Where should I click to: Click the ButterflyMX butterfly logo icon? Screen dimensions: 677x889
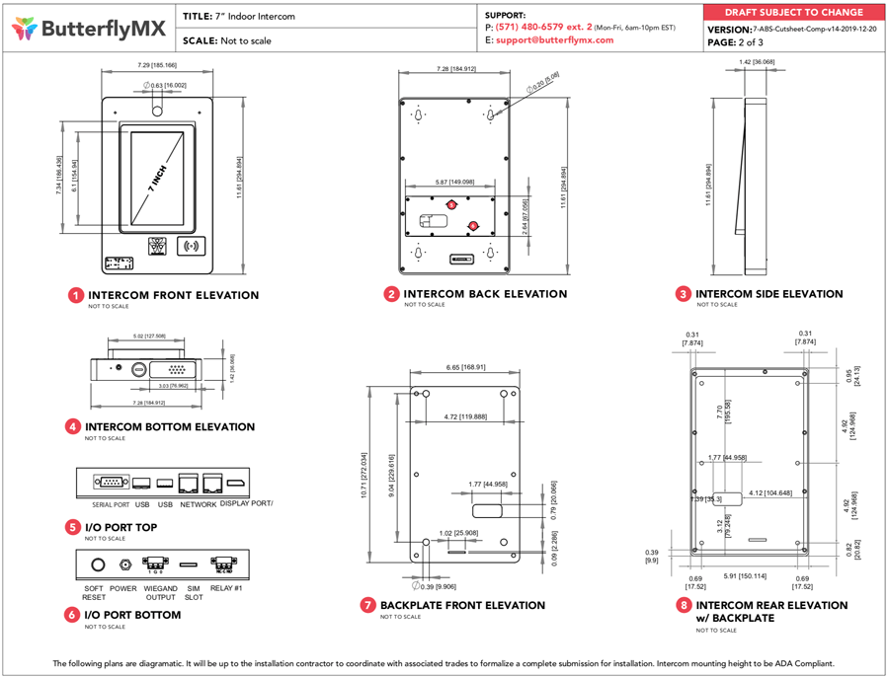(x=25, y=29)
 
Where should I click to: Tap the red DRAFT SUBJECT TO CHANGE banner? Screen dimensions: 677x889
(x=793, y=13)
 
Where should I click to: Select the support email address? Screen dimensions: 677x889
(x=554, y=40)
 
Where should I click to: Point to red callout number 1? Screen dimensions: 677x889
(x=76, y=295)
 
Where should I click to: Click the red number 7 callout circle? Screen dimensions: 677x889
(x=367, y=605)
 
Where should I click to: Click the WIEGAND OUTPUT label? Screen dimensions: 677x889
(x=160, y=592)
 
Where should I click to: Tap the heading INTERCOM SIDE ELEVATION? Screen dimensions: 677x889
(x=768, y=294)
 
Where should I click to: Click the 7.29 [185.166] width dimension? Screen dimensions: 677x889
(x=157, y=65)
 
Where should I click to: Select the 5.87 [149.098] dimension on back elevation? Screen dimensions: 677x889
(x=454, y=182)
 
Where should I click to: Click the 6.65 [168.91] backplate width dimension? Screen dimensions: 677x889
(x=465, y=367)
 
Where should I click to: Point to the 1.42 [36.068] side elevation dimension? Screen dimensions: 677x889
(x=757, y=61)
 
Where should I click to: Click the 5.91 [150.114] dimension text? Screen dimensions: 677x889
(x=745, y=575)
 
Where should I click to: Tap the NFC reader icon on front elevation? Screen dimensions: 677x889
(x=191, y=246)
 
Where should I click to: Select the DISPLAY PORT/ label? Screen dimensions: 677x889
(x=246, y=504)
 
